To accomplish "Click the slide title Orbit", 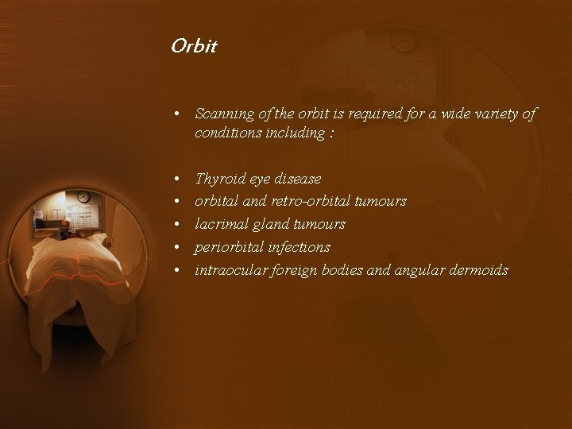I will click(194, 46).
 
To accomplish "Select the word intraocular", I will click(231, 270).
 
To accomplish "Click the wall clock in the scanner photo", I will click(83, 197).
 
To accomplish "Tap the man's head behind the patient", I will click(64, 226).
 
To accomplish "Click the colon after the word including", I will click(330, 133).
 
